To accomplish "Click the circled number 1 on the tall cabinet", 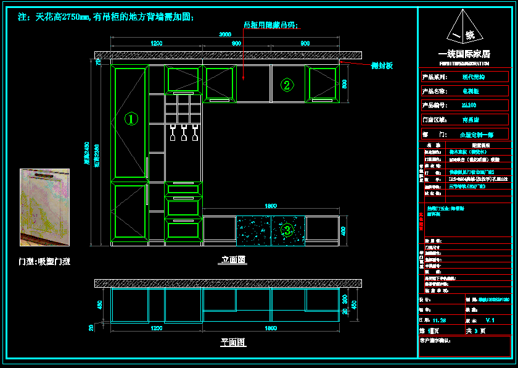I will pos(131,119).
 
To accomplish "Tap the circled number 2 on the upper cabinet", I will pos(286,85).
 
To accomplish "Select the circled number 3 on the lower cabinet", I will pos(287,230).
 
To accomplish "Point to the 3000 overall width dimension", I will pos(226,35).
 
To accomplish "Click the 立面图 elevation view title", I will pos(233,260).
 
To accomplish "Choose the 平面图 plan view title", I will pos(233,342).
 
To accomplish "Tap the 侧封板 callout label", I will pos(382,65).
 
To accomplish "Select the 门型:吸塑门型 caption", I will pos(44,262).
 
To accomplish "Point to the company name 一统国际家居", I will pos(464,54).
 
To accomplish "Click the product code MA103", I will pos(469,106).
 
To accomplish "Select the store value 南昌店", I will pos(471,120).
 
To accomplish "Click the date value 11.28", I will pos(440,320).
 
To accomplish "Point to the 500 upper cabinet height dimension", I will pos(345,83).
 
